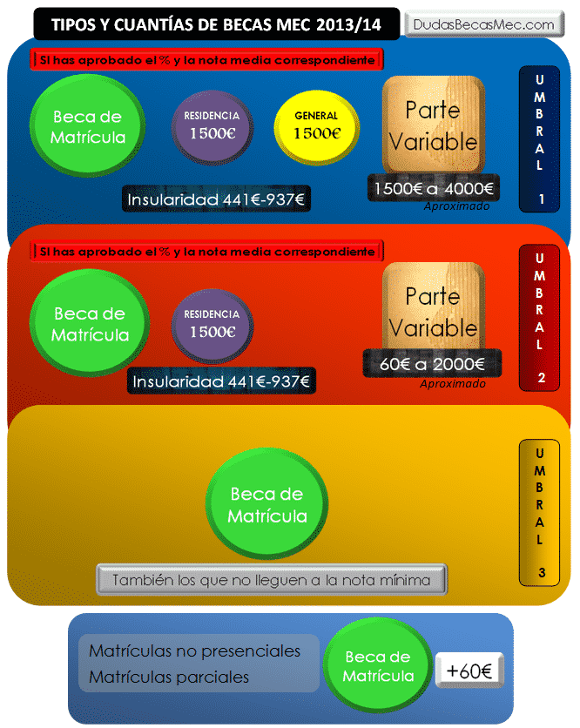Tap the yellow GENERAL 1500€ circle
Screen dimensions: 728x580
316,126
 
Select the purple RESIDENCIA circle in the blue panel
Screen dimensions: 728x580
212,126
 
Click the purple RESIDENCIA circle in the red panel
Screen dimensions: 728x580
212,324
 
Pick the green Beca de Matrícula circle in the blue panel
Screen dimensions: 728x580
87,127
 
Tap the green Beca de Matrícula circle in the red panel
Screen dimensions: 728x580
89,324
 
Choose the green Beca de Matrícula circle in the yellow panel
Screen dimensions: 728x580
266,505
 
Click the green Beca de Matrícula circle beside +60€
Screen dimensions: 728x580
377,666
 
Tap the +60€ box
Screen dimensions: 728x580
469,671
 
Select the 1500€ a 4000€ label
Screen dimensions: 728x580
433,187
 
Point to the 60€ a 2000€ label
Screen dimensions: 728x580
433,365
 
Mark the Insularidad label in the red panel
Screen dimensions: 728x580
221,381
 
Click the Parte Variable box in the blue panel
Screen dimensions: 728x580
433,126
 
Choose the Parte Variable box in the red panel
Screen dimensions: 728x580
433,312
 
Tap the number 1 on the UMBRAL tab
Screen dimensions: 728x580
540,199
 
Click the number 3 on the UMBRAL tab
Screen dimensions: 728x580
540,572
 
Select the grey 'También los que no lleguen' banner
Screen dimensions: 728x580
272,579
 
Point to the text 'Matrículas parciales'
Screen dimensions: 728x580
169,677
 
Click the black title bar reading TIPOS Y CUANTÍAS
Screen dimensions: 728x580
216,24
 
